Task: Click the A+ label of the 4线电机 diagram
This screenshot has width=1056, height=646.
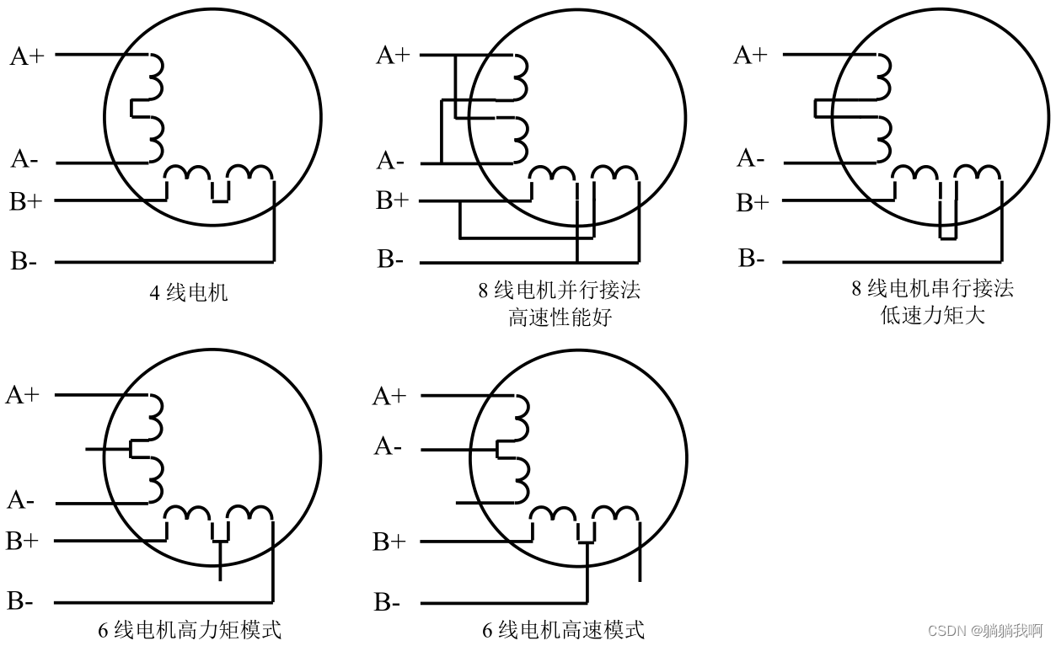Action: tap(27, 56)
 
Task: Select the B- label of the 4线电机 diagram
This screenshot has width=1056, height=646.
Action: tap(24, 261)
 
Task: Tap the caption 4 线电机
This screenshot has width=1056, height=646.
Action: tap(188, 293)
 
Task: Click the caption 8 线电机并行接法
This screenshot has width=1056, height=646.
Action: tap(559, 291)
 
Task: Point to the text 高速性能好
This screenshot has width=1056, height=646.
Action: tap(559, 318)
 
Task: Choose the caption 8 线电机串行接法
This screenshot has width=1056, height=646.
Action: tap(931, 289)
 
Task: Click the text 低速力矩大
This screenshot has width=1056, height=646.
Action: tap(931, 316)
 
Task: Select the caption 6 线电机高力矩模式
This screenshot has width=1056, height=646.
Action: tap(190, 629)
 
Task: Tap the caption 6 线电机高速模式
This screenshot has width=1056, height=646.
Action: tap(563, 629)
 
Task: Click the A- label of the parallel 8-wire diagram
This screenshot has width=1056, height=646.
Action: tap(390, 160)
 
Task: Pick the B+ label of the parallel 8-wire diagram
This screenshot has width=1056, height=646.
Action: tap(392, 200)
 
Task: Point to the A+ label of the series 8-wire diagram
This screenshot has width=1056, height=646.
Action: tap(750, 56)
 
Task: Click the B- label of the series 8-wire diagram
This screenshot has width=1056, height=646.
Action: tap(752, 258)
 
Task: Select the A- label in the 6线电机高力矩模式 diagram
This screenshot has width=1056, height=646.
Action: tap(21, 500)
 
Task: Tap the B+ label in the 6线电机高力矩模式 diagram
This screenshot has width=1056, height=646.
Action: tap(23, 541)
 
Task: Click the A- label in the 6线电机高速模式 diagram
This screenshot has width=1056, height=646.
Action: tap(387, 446)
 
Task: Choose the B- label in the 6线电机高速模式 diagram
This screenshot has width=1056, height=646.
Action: tap(388, 602)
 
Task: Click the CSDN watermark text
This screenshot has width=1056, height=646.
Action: tap(984, 630)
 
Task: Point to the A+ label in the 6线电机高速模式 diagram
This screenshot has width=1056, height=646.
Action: tap(389, 396)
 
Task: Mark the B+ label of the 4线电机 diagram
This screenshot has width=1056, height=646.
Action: tap(25, 200)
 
